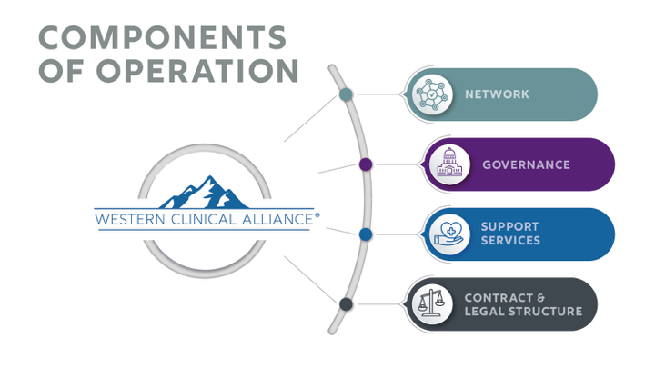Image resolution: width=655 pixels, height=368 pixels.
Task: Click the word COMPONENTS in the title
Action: point(162,37)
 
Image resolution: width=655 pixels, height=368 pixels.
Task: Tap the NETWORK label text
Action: point(497,94)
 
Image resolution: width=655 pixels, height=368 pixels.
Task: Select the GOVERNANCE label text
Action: point(526,164)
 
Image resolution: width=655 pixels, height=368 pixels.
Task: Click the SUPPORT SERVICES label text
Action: point(510,234)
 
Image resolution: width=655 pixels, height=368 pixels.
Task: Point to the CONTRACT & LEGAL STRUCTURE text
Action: point(522,304)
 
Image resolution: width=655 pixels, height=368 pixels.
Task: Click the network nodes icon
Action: point(433,94)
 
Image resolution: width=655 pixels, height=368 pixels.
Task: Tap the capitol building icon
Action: point(450,164)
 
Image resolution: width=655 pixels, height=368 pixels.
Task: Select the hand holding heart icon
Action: point(450,234)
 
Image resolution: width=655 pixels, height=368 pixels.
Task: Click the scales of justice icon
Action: point(433,304)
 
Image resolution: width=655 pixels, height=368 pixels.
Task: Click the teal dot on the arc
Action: point(346,94)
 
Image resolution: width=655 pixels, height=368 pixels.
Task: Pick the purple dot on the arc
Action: point(365,164)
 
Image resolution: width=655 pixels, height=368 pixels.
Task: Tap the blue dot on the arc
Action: point(365,234)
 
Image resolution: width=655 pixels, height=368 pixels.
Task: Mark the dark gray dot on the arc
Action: point(346,304)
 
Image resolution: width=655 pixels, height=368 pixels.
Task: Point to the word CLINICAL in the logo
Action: point(202,219)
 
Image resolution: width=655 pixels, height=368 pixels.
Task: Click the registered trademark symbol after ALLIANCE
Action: point(317,215)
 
